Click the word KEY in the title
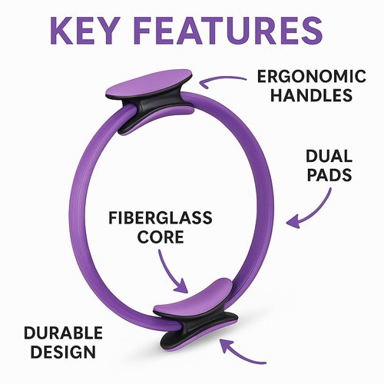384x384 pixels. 84,31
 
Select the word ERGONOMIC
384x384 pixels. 312,76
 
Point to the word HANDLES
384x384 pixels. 312,95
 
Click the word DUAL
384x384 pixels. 329,156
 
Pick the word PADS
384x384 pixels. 329,175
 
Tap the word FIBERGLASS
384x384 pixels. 161,218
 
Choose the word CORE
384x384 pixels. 161,237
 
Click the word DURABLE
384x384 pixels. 63,333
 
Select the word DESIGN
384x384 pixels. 63,352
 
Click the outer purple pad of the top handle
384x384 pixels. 148,84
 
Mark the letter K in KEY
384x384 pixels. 61,31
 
